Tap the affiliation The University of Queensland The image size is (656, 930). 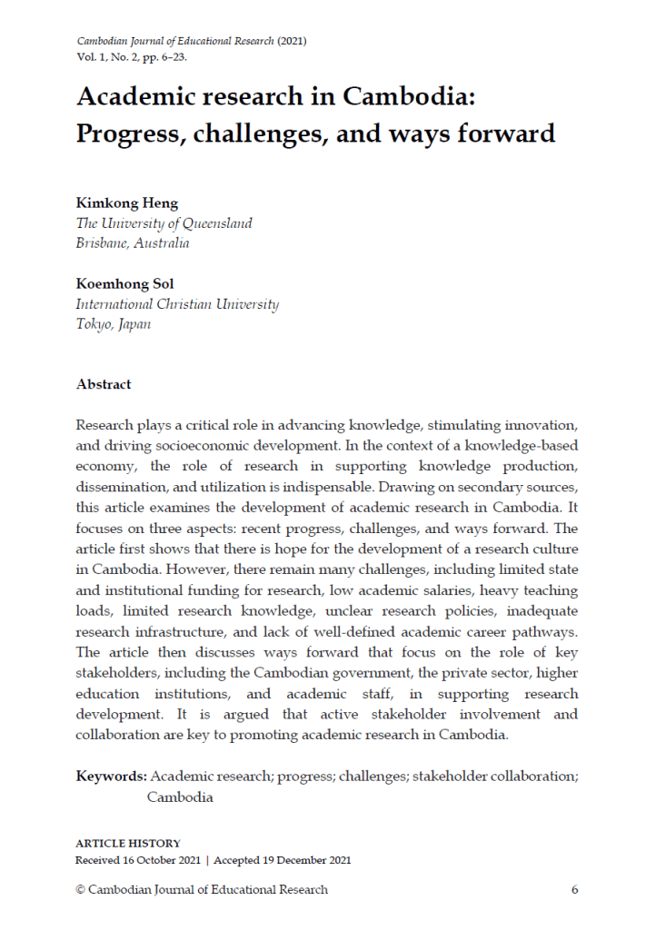[x=164, y=223]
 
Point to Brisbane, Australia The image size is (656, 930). [x=133, y=243]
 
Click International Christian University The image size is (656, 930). [x=177, y=305]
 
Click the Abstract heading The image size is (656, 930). [x=104, y=384]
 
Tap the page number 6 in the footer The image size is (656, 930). [x=574, y=889]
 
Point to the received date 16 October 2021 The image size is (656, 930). [x=158, y=860]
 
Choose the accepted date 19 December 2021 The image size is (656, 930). [x=305, y=860]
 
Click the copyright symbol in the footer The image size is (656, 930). [x=80, y=889]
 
